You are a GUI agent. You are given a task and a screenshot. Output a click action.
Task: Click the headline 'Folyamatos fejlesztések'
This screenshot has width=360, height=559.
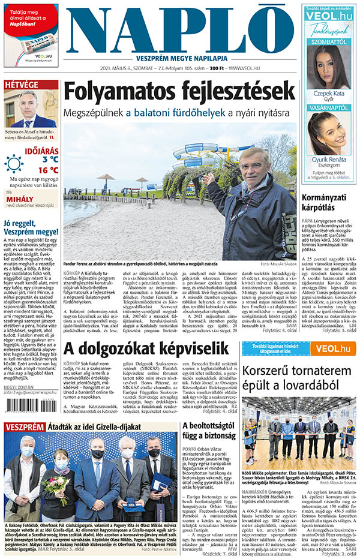180,92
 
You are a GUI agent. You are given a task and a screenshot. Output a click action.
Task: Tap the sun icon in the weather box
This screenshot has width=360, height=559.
14,163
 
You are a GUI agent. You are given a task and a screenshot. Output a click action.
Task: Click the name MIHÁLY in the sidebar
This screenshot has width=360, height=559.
22,197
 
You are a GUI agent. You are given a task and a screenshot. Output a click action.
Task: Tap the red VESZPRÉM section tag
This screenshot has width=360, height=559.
25,427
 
